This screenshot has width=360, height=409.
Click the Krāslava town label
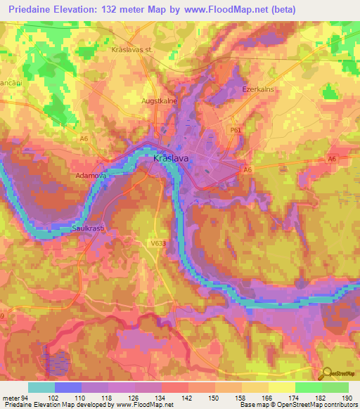point(170,160)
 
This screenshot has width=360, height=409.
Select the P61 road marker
point(236,130)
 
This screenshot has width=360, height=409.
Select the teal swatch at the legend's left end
point(41,387)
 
